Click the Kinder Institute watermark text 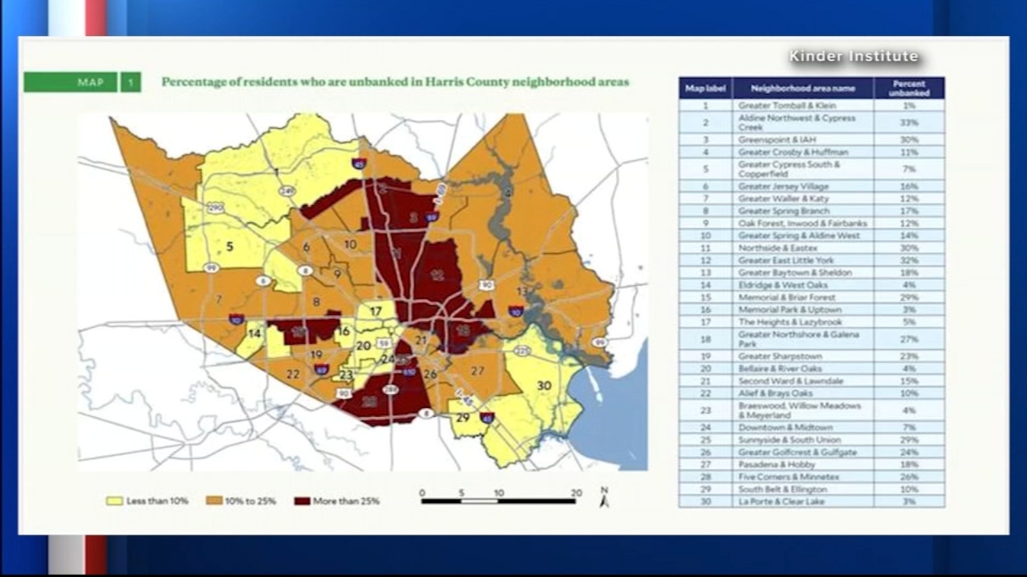coord(854,56)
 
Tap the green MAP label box coord(71,82)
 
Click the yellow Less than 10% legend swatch coord(114,501)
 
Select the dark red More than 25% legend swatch coord(302,501)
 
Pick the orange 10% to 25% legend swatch coord(214,501)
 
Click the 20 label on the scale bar coord(576,493)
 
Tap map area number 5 coord(229,246)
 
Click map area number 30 coord(544,385)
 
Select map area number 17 coord(375,312)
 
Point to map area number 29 coord(463,417)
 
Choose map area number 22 coord(293,374)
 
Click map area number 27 coord(477,371)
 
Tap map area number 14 coord(255,333)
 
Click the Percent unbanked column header coord(909,88)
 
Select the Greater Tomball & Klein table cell coord(802,105)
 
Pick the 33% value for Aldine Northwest coord(909,122)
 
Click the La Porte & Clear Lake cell coord(802,501)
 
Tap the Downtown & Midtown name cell coord(802,428)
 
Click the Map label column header coord(705,88)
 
